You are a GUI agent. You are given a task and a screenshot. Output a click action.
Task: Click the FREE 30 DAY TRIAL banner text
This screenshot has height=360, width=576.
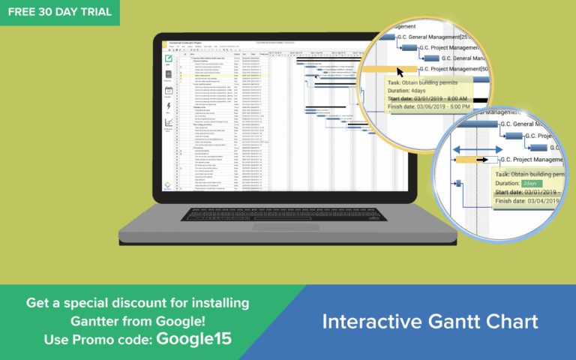click(x=59, y=12)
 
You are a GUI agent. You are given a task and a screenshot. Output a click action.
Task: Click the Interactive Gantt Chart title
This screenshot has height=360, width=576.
click(x=430, y=322)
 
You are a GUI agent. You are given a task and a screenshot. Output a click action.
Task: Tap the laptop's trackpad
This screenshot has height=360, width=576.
click(x=276, y=226)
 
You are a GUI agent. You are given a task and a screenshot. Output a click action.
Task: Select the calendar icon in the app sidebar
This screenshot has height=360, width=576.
click(x=169, y=91)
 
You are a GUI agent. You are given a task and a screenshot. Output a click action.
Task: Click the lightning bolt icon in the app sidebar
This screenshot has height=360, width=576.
click(x=169, y=107)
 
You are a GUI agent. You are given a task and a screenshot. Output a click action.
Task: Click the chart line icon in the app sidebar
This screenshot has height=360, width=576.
click(x=169, y=123)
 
